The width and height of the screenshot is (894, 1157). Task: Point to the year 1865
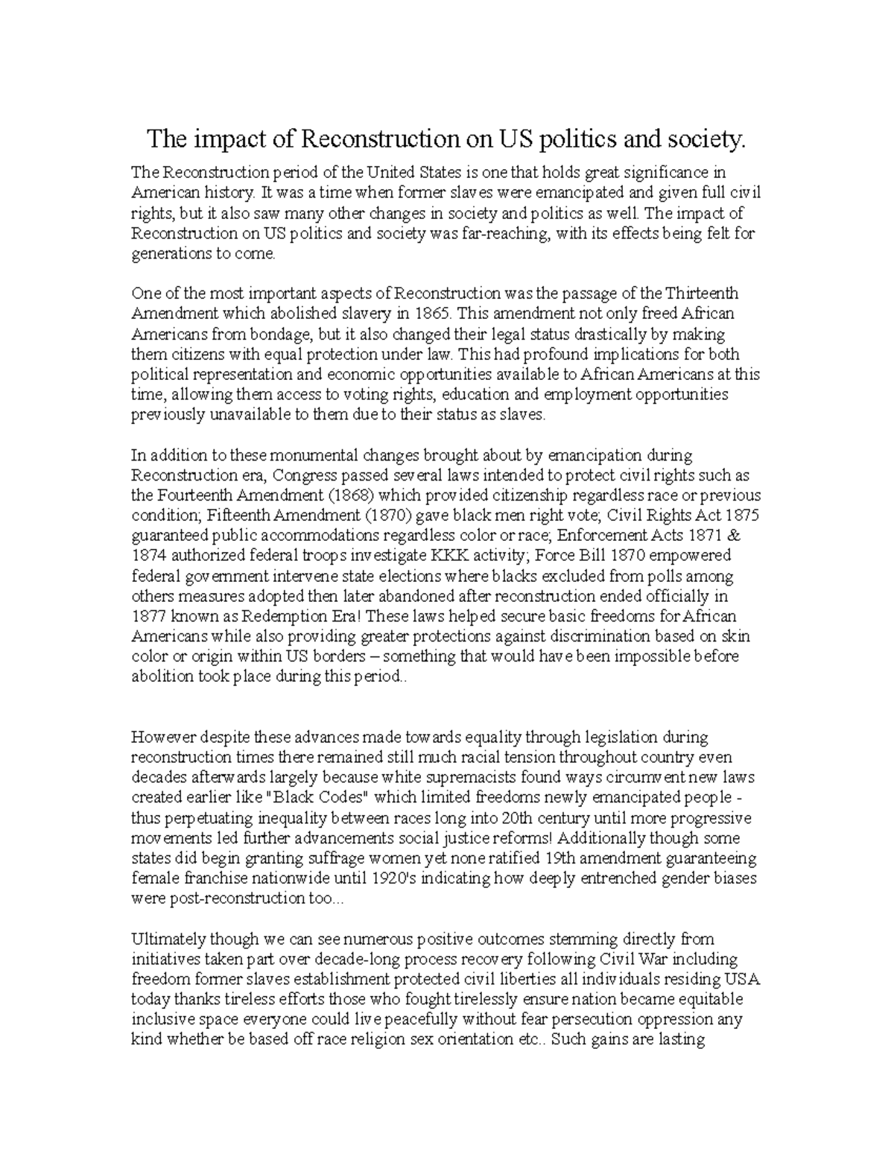pos(435,313)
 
